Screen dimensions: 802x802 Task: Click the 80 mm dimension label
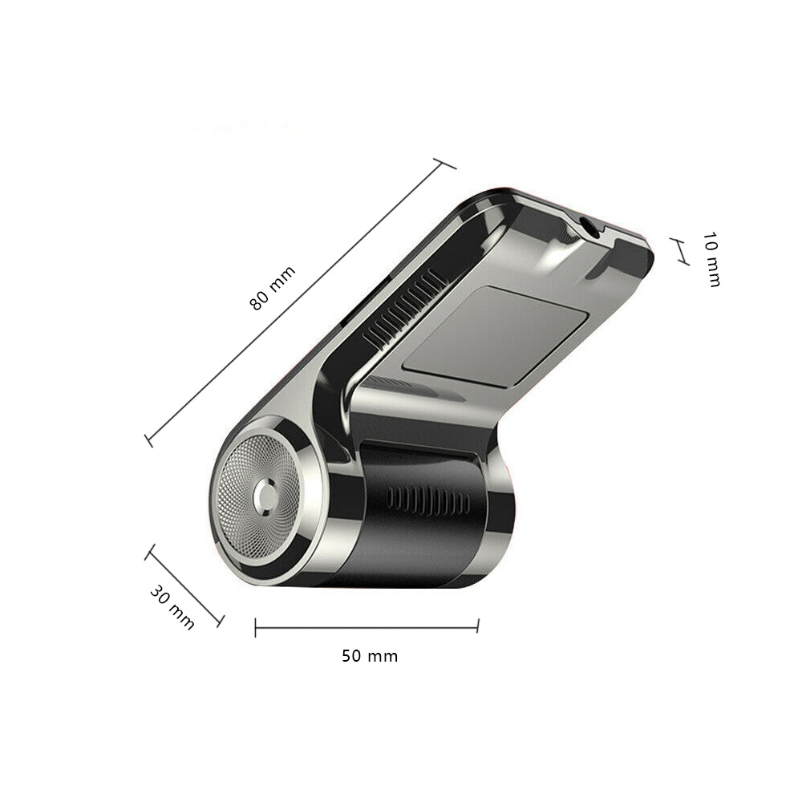click(x=273, y=288)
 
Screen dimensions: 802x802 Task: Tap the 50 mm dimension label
click(x=370, y=656)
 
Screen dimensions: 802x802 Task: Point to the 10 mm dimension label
click(x=711, y=259)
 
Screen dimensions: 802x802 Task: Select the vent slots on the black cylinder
click(x=430, y=501)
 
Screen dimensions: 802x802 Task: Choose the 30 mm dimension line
click(x=184, y=585)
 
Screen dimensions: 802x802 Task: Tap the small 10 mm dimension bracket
click(x=681, y=251)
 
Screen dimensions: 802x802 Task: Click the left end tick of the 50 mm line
click(x=255, y=627)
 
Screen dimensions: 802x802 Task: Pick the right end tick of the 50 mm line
click(x=478, y=626)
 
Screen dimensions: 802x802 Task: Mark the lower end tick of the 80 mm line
click(x=148, y=440)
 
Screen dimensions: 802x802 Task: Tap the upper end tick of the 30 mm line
click(x=149, y=551)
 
